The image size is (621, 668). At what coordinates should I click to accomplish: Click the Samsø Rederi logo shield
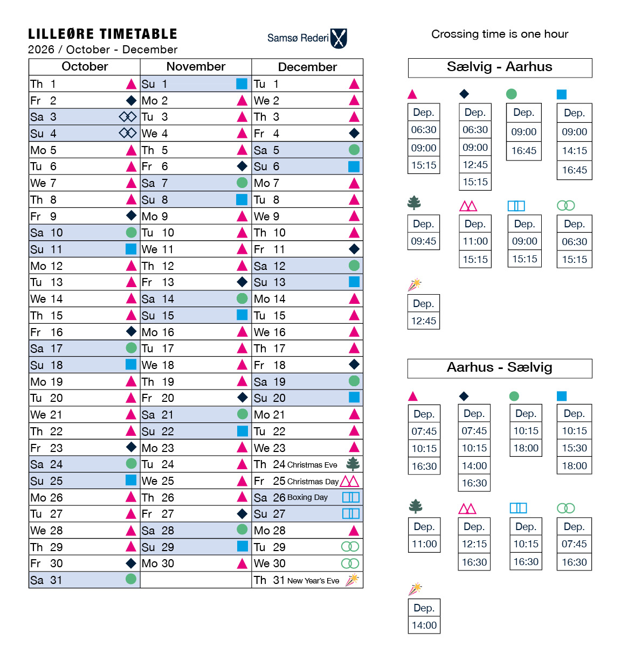click(339, 38)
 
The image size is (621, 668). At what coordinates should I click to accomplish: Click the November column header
click(196, 67)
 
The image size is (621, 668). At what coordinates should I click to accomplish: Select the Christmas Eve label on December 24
click(312, 465)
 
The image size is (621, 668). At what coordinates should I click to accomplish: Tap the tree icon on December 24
click(353, 464)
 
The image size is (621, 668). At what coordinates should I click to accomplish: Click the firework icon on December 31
click(352, 580)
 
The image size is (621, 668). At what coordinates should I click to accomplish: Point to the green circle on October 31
click(131, 579)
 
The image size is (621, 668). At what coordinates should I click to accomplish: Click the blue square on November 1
click(241, 83)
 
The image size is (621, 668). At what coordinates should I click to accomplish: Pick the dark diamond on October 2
click(131, 100)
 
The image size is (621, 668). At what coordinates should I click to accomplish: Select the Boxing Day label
click(307, 498)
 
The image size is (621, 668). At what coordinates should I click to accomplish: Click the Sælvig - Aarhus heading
click(500, 67)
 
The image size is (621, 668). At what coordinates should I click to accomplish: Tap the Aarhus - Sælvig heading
click(500, 368)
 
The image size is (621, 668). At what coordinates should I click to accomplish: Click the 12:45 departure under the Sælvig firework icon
click(424, 321)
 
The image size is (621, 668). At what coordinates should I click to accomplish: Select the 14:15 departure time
click(575, 151)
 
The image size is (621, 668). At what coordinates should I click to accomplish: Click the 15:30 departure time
click(575, 448)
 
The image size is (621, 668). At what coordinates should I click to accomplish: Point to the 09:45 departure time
click(424, 241)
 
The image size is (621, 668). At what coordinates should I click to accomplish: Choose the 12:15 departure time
click(474, 544)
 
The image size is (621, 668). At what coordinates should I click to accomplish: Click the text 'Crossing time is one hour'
click(500, 34)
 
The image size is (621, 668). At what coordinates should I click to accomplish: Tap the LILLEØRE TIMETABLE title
click(102, 34)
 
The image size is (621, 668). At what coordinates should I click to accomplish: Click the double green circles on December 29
click(350, 547)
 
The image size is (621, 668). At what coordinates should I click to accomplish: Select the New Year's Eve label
click(313, 581)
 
